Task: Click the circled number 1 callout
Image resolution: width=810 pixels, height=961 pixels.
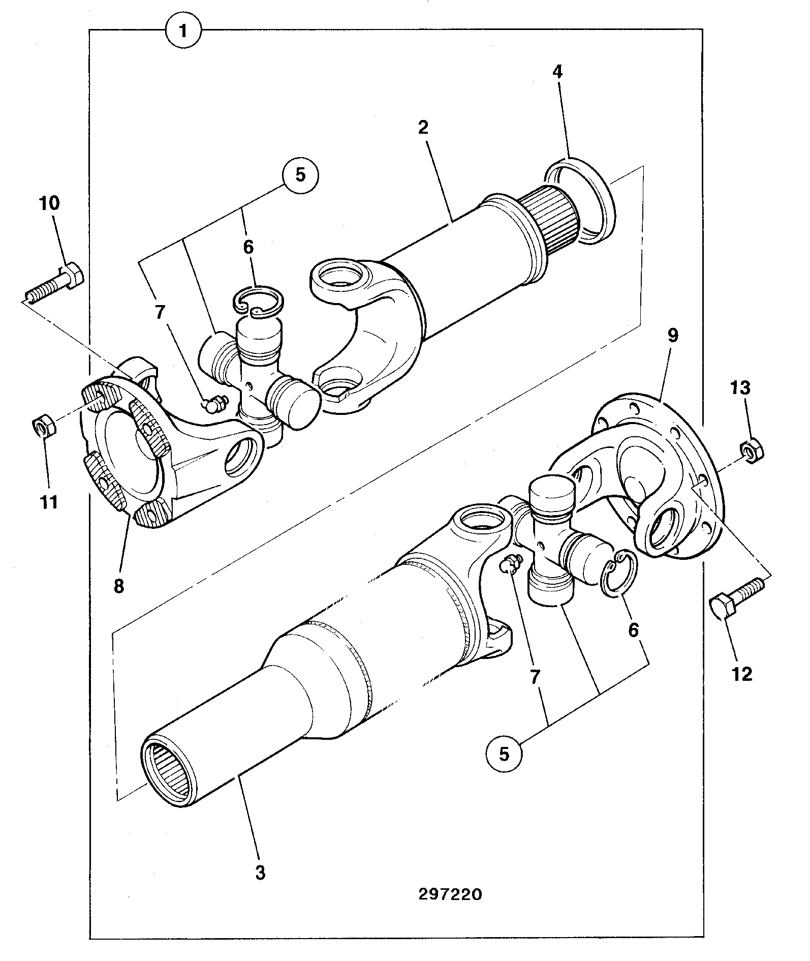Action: [183, 31]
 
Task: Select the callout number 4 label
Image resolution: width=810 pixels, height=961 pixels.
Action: [557, 72]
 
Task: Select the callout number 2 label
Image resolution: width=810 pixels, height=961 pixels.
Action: [423, 127]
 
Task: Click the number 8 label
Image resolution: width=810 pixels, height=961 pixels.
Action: [118, 586]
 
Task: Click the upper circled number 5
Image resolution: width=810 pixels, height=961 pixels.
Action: [300, 175]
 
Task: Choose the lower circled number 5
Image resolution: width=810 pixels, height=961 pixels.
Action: [504, 753]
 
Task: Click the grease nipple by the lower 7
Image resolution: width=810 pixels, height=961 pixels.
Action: [510, 563]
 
